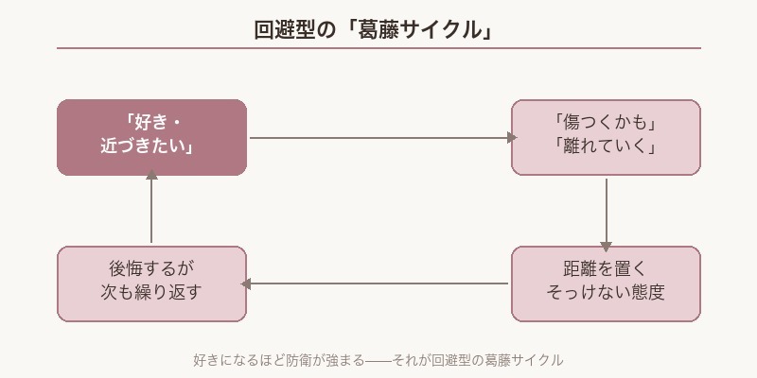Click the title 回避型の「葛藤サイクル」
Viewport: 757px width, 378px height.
pos(378,29)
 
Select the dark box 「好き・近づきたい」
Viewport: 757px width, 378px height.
pos(151,137)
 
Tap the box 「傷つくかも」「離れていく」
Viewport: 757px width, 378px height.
pos(606,137)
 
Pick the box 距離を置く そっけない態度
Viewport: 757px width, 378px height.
pos(606,283)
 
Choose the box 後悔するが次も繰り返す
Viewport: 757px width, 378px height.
pos(151,283)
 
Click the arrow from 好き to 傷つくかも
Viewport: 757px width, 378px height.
pos(378,138)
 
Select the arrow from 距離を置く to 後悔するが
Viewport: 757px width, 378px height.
pos(378,283)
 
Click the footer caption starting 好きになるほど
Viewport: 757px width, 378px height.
pos(378,360)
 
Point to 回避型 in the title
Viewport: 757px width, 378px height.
pos(284,29)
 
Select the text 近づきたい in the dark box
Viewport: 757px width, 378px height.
pos(148,148)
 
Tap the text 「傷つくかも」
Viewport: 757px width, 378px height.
pos(606,125)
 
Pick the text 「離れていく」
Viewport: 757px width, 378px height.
pos(606,148)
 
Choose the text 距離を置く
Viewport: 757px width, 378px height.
pos(606,269)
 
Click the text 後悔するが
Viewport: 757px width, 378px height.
pos(151,269)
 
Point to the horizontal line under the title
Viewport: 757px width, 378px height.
pos(378,48)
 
